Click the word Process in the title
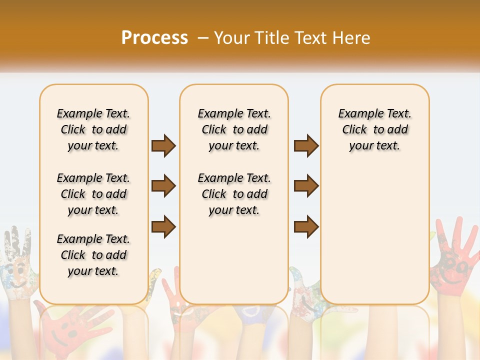[154, 37]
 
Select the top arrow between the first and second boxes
[163, 146]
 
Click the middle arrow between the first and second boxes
[163, 186]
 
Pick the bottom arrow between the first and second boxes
[163, 227]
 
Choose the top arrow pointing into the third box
[306, 146]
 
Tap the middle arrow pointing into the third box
[306, 186]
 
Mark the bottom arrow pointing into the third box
[306, 227]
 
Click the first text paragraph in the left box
[93, 129]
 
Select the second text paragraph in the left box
[93, 194]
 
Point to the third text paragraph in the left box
[93, 255]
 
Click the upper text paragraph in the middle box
[234, 129]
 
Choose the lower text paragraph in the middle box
[234, 194]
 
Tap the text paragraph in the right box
[374, 129]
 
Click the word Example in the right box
[357, 113]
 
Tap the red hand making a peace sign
[172, 295]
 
